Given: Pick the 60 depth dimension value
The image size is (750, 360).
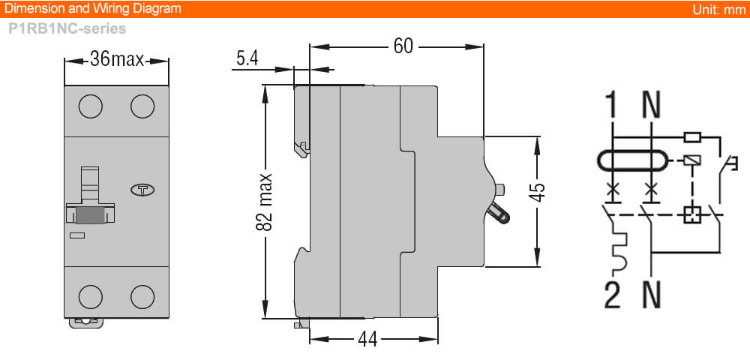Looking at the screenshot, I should tap(403, 46).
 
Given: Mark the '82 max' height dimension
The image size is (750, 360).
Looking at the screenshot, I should tap(263, 202).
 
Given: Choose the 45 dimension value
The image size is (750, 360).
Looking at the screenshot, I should tap(537, 193).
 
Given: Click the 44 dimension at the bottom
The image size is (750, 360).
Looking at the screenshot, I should tap(367, 339).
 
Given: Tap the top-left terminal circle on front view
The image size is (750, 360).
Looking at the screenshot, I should tap(90, 106).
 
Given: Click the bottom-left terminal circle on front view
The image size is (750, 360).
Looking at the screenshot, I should tap(90, 296).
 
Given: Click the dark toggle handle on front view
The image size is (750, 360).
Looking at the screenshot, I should tap(90, 214).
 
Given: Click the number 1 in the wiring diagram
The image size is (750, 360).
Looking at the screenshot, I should tap(613, 106).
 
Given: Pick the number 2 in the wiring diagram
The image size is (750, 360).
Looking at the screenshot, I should tap(613, 295).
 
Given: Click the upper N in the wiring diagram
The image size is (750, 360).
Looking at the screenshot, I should tap(651, 106).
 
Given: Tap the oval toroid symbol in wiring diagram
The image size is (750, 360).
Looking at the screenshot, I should tap(631, 160).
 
